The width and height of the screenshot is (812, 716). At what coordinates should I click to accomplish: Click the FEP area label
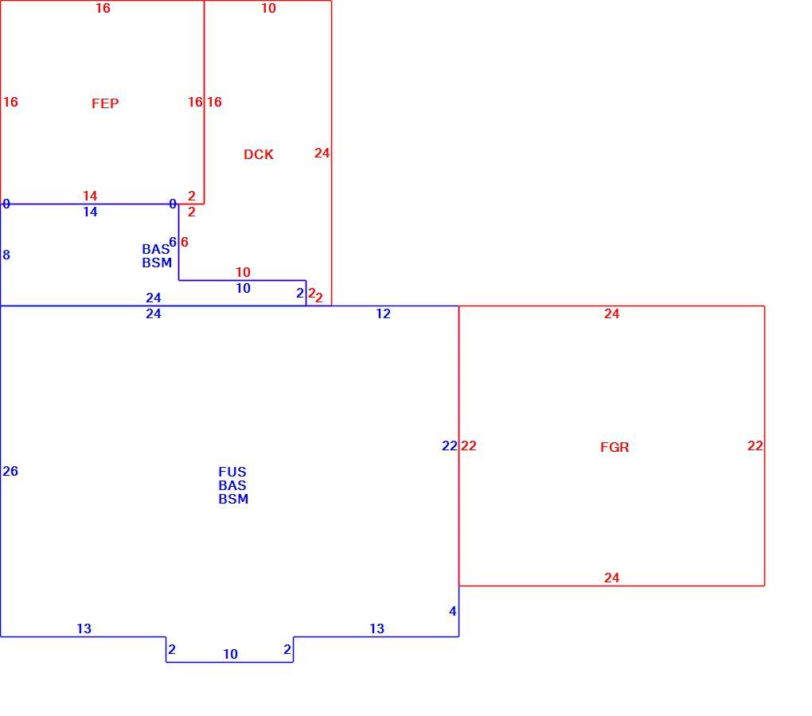[x=105, y=103]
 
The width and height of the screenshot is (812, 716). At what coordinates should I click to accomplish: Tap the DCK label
[x=259, y=154]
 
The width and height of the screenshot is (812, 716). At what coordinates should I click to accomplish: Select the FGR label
[x=615, y=447]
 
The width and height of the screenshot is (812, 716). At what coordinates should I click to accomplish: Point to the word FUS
[x=232, y=472]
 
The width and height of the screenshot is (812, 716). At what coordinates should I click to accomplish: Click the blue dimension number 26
[x=10, y=471]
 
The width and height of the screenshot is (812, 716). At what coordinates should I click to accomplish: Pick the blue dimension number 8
[x=6, y=255]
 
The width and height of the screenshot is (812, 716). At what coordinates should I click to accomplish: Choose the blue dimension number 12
[x=383, y=313]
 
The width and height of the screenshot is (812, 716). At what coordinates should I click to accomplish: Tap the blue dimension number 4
[x=453, y=611]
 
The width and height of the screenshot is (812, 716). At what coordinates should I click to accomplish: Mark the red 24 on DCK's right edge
[x=322, y=153]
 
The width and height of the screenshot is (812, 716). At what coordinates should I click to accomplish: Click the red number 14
[x=90, y=196]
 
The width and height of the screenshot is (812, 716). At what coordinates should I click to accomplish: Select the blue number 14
[x=90, y=212]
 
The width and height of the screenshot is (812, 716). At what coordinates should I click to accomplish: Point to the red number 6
[x=185, y=242]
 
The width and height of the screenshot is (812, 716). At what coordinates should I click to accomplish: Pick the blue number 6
[x=173, y=242]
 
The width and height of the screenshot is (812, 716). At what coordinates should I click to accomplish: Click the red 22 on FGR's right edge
[x=755, y=446]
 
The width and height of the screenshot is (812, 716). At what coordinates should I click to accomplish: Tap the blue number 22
[x=450, y=446]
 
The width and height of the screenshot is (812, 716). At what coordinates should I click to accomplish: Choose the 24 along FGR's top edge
[x=611, y=313]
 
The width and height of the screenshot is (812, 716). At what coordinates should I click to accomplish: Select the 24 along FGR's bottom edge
[x=611, y=578]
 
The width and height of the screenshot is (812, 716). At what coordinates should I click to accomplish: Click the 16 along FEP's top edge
[x=103, y=8]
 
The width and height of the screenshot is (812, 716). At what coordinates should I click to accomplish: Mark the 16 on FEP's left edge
[x=10, y=102]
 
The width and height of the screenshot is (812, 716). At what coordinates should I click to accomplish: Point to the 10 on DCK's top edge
[x=268, y=8]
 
